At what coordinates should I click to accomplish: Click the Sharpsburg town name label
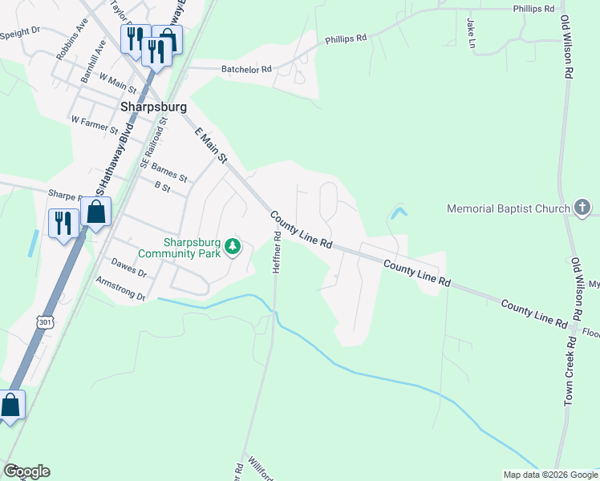(153, 106)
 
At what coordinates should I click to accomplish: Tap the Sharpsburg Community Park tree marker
(233, 245)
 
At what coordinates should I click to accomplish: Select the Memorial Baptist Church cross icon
(583, 208)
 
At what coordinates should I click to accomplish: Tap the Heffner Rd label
(278, 253)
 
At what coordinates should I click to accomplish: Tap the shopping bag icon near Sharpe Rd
(95, 212)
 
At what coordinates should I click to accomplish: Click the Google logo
(26, 471)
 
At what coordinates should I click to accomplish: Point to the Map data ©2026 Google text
(550, 474)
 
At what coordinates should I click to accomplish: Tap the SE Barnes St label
(163, 168)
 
